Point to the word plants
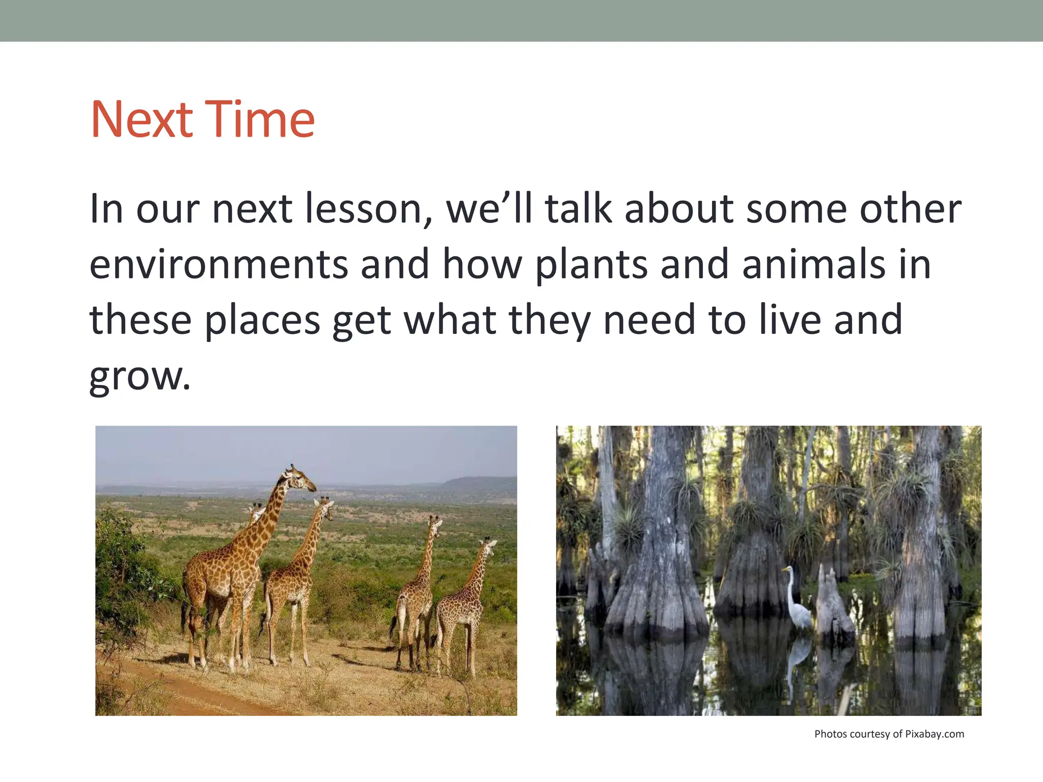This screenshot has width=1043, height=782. [x=591, y=265]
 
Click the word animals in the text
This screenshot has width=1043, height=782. [x=813, y=265]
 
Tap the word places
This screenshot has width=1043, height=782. [x=262, y=321]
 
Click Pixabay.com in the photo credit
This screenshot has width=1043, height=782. [x=934, y=734]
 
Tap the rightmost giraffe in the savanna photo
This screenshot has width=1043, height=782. [x=466, y=601]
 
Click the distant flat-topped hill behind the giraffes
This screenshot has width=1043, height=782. [x=479, y=483]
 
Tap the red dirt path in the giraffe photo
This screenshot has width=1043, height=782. [x=194, y=692]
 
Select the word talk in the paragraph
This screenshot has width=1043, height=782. [x=578, y=209]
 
